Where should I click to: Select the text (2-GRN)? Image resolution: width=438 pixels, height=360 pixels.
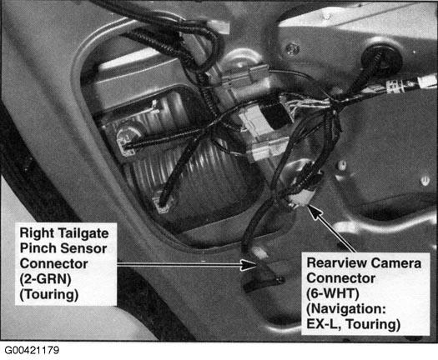(x=45, y=279)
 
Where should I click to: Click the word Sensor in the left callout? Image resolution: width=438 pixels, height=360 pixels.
(x=83, y=248)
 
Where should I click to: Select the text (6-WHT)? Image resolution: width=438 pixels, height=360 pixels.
(x=333, y=294)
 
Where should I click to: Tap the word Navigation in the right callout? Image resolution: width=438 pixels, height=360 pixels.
(x=346, y=309)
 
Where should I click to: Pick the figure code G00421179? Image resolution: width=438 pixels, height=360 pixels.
(x=32, y=350)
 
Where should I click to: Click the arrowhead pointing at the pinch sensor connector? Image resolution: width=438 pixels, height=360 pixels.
(x=249, y=264)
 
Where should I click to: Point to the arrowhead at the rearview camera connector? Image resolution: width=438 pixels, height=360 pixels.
(x=315, y=212)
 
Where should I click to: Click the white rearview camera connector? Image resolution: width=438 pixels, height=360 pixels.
(x=298, y=200)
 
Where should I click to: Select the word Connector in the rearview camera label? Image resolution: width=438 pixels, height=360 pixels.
(x=340, y=278)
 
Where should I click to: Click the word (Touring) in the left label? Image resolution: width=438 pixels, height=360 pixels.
(x=49, y=294)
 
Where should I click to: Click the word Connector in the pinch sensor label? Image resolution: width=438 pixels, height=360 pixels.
(x=54, y=263)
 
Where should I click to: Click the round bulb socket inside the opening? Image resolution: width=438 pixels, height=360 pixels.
(x=126, y=138)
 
